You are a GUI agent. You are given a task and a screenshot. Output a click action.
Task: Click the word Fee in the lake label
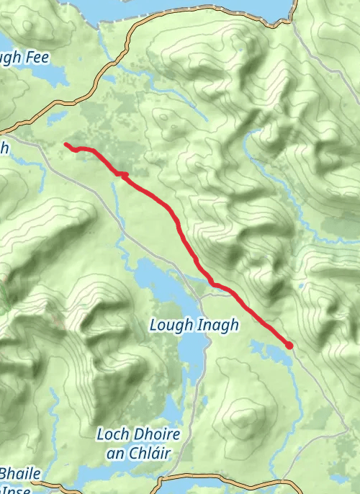click(34, 57)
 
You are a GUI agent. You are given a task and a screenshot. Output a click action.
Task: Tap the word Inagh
click(214, 325)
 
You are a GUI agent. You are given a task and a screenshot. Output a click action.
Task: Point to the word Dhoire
click(156, 434)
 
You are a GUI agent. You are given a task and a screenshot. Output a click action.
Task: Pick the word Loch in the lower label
click(112, 434)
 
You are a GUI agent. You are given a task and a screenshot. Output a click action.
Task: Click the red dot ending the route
click(289, 346)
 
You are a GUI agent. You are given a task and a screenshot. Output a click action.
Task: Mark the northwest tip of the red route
click(66, 145)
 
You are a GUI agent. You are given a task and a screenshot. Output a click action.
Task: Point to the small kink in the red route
click(123, 174)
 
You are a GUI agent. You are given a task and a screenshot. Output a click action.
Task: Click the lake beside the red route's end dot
click(270, 351)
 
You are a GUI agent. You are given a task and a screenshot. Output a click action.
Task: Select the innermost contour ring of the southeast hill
click(245, 418)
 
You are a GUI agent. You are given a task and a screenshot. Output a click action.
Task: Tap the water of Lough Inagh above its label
click(155, 277)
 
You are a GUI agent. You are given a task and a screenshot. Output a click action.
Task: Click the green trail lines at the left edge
click(4, 295)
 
